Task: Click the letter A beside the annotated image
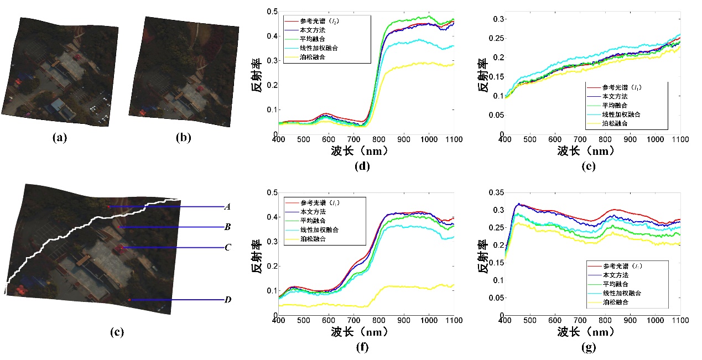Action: (227, 207)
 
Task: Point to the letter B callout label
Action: (227, 227)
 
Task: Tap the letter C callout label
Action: (227, 248)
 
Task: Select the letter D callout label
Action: (227, 300)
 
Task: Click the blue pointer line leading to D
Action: (177, 300)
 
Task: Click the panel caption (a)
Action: (59, 138)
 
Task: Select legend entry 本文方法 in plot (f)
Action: (313, 211)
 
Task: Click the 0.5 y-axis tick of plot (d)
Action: (269, 11)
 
